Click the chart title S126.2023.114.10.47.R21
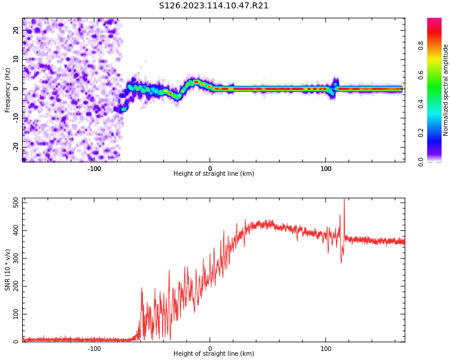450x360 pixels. (x=214, y=6)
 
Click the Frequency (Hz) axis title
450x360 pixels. (x=8, y=90)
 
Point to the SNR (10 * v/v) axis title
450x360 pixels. (x=8, y=270)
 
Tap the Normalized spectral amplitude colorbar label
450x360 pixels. (x=446, y=90)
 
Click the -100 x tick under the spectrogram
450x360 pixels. (x=94, y=169)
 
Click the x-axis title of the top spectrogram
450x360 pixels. (x=214, y=174)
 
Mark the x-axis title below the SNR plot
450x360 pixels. (x=214, y=354)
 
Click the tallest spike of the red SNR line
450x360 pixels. (x=344, y=200)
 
